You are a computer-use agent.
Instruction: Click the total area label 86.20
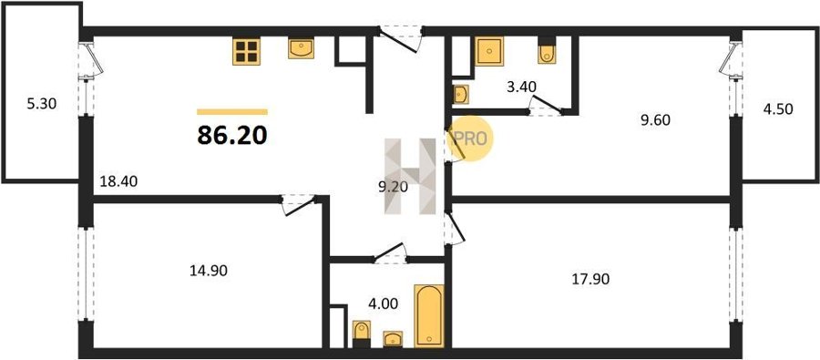tap(232, 135)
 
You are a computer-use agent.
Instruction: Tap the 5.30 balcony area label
tap(41, 104)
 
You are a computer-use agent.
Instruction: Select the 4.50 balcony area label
tap(778, 109)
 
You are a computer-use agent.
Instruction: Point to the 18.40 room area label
tap(118, 181)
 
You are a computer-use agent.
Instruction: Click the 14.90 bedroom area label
tap(209, 271)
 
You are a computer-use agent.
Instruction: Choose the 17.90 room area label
tap(590, 279)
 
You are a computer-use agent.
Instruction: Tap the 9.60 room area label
tap(655, 121)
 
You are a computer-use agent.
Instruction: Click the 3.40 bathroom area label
tap(521, 87)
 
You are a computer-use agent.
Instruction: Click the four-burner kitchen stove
tap(246, 52)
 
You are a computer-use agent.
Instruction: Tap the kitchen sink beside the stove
tap(302, 48)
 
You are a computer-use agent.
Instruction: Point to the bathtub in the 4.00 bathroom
tap(429, 315)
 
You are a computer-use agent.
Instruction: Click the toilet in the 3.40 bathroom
tap(547, 50)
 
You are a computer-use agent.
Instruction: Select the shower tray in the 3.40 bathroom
tap(489, 51)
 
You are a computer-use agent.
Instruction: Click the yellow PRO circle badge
tap(470, 139)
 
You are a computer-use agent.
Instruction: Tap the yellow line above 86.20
tap(232, 111)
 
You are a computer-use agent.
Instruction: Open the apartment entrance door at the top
tap(400, 38)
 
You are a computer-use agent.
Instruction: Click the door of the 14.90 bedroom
tap(299, 205)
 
